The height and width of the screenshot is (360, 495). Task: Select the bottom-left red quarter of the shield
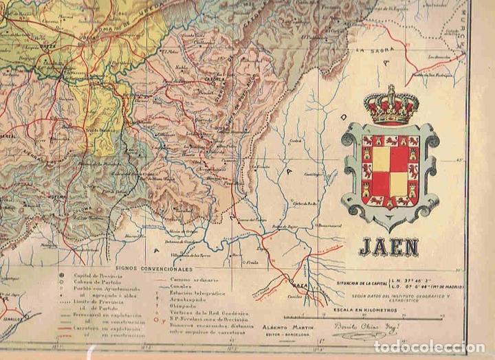pyautogui.click(x=381, y=184)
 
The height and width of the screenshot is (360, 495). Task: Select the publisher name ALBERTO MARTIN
pyautogui.click(x=282, y=328)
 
